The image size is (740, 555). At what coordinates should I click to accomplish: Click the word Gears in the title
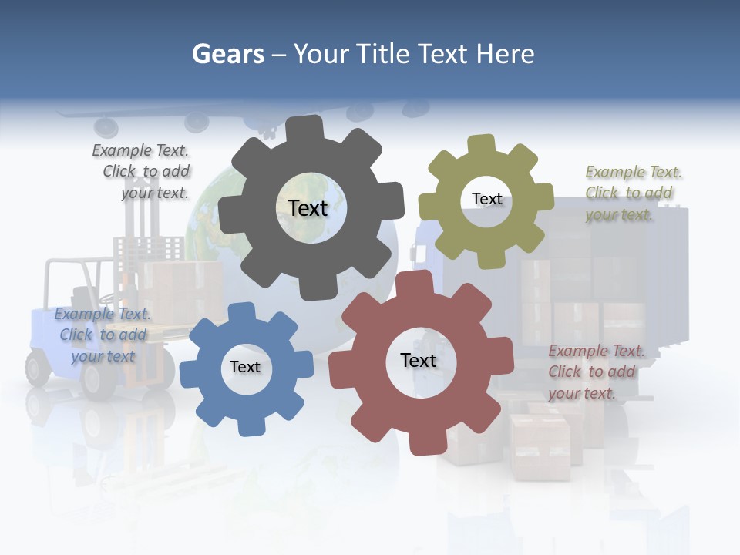coord(227,54)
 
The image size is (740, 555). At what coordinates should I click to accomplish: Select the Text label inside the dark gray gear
coord(308,208)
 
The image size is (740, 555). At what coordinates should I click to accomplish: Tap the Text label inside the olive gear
coord(486,199)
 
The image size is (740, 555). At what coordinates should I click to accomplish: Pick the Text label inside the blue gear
coord(245,367)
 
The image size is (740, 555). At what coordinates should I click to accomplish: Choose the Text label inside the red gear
coord(419,360)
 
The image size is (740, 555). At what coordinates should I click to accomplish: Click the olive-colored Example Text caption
coord(632,193)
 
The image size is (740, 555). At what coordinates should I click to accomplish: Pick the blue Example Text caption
coord(103,335)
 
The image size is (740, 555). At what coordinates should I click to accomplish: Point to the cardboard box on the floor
coord(540,446)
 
